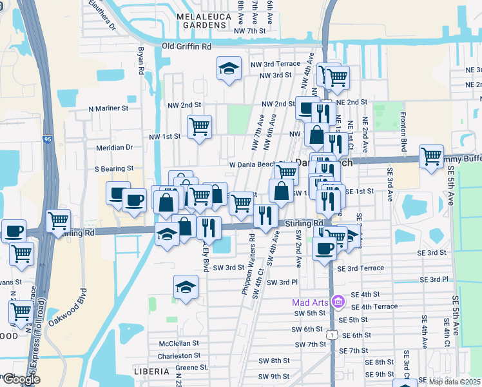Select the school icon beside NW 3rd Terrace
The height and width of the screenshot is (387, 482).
[x=228, y=69]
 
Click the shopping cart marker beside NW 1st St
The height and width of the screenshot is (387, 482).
[x=200, y=125]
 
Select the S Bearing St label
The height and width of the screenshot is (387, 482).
[x=114, y=168]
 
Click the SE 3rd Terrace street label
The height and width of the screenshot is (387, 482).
[x=360, y=268]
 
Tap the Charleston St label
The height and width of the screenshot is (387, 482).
[x=180, y=355]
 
